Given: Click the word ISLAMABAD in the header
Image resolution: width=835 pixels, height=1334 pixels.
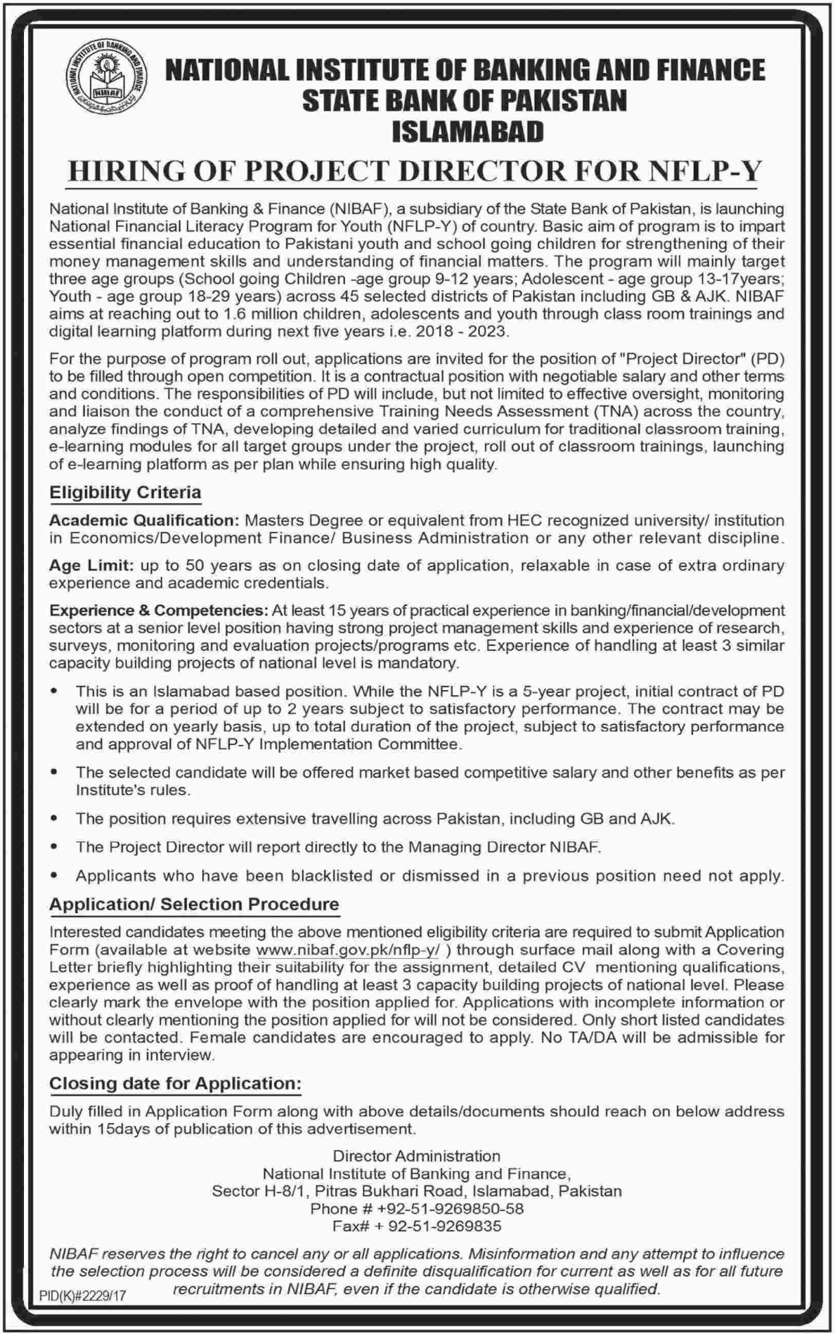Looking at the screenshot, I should point(465,131).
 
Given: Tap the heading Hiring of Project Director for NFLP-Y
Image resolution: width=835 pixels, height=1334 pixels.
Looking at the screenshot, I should point(414,171).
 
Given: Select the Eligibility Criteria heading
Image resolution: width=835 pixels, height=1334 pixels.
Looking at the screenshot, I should point(125,493).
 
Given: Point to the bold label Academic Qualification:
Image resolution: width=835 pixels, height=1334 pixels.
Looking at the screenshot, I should point(144,521).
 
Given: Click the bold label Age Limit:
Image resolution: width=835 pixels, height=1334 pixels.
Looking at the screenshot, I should point(91,566).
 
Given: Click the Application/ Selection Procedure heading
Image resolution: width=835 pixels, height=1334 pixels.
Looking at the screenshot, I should point(194,905).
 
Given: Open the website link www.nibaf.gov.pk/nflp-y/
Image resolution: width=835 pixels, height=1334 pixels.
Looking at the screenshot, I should point(348,950).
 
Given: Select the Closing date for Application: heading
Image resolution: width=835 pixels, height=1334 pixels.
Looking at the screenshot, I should point(175,1084).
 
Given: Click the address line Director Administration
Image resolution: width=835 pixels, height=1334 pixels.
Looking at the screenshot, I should point(417,1156).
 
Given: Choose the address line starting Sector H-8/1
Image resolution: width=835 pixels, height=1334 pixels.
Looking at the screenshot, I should point(417,1191).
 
